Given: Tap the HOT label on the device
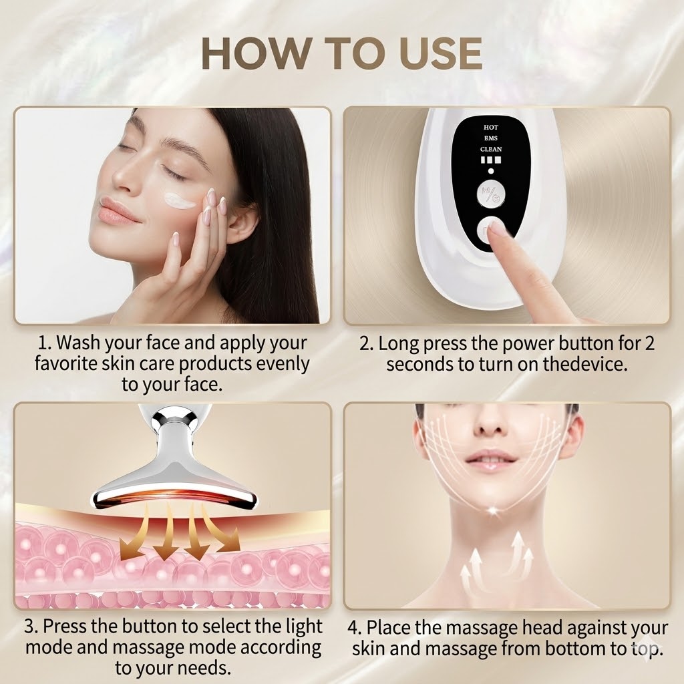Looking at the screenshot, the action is tap(491, 128).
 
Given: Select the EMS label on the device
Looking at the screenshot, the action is tap(491, 138).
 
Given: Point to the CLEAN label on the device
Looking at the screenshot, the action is tap(491, 149).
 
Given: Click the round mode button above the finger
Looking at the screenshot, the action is tap(491, 194).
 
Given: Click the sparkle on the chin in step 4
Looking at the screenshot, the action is tap(493, 510).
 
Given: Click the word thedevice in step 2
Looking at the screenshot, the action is tap(585, 364).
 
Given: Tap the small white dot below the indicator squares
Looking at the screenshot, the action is tap(491, 171).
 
